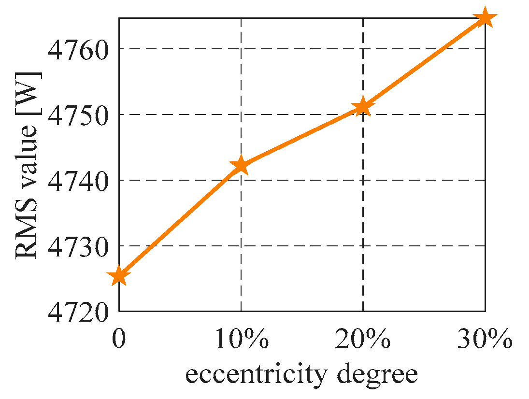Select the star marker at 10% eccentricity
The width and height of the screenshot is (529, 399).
point(241,166)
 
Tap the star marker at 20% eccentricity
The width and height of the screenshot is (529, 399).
point(362,107)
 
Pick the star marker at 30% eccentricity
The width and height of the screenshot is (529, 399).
point(485,18)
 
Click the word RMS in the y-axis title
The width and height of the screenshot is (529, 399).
point(28,236)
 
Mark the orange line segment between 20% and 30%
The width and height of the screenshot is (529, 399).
point(423,63)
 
